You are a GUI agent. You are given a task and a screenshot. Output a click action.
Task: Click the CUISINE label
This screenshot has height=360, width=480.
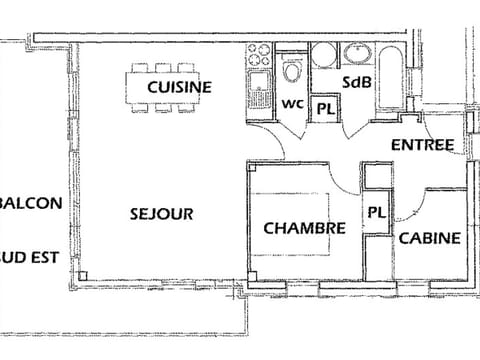click(179, 87)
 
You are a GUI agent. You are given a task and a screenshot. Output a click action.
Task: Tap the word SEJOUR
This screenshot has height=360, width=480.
click(161, 213)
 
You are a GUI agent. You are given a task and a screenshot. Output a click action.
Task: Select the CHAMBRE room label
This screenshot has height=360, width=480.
click(304, 228)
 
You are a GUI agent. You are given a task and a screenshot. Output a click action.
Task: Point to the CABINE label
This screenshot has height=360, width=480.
click(430, 238)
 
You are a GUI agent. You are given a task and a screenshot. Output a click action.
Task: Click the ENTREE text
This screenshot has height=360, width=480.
click(422, 145)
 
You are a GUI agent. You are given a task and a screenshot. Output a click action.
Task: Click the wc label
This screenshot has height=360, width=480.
click(292, 103)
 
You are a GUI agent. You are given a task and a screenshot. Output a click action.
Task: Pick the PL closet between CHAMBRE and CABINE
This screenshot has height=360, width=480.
click(376, 212)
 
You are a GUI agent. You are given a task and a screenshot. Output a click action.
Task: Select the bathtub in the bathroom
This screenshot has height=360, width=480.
click(389, 75)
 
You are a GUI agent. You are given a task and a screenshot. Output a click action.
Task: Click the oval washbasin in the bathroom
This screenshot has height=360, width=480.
click(357, 52)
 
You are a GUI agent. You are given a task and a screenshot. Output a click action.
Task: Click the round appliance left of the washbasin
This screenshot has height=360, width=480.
click(324, 56)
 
